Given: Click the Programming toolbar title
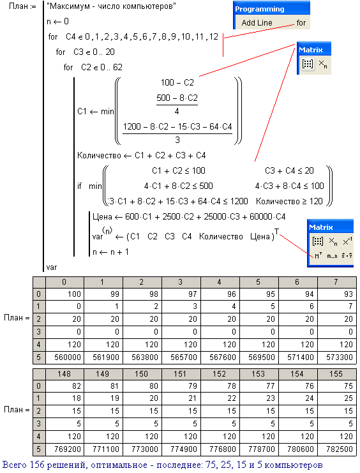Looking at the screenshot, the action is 260,9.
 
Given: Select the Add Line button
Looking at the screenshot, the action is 257,22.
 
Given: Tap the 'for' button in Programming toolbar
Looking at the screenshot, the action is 301,22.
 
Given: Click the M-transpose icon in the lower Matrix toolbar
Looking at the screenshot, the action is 318,256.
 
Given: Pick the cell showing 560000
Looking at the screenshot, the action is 64,357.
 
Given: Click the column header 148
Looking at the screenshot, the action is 64,374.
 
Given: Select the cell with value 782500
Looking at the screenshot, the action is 337,449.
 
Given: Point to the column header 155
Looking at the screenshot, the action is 337,374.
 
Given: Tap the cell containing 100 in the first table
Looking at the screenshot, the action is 64,294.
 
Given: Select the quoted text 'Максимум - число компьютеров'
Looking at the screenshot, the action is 111,6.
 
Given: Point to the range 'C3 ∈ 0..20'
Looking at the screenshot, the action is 94,52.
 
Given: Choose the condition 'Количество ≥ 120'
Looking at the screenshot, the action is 289,201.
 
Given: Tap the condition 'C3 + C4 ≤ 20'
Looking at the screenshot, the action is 289,170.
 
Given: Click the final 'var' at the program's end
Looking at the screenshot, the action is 52,267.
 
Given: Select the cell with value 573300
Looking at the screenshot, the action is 337,357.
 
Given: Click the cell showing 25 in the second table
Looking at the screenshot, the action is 337,398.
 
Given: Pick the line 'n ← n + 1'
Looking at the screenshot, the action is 110,252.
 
